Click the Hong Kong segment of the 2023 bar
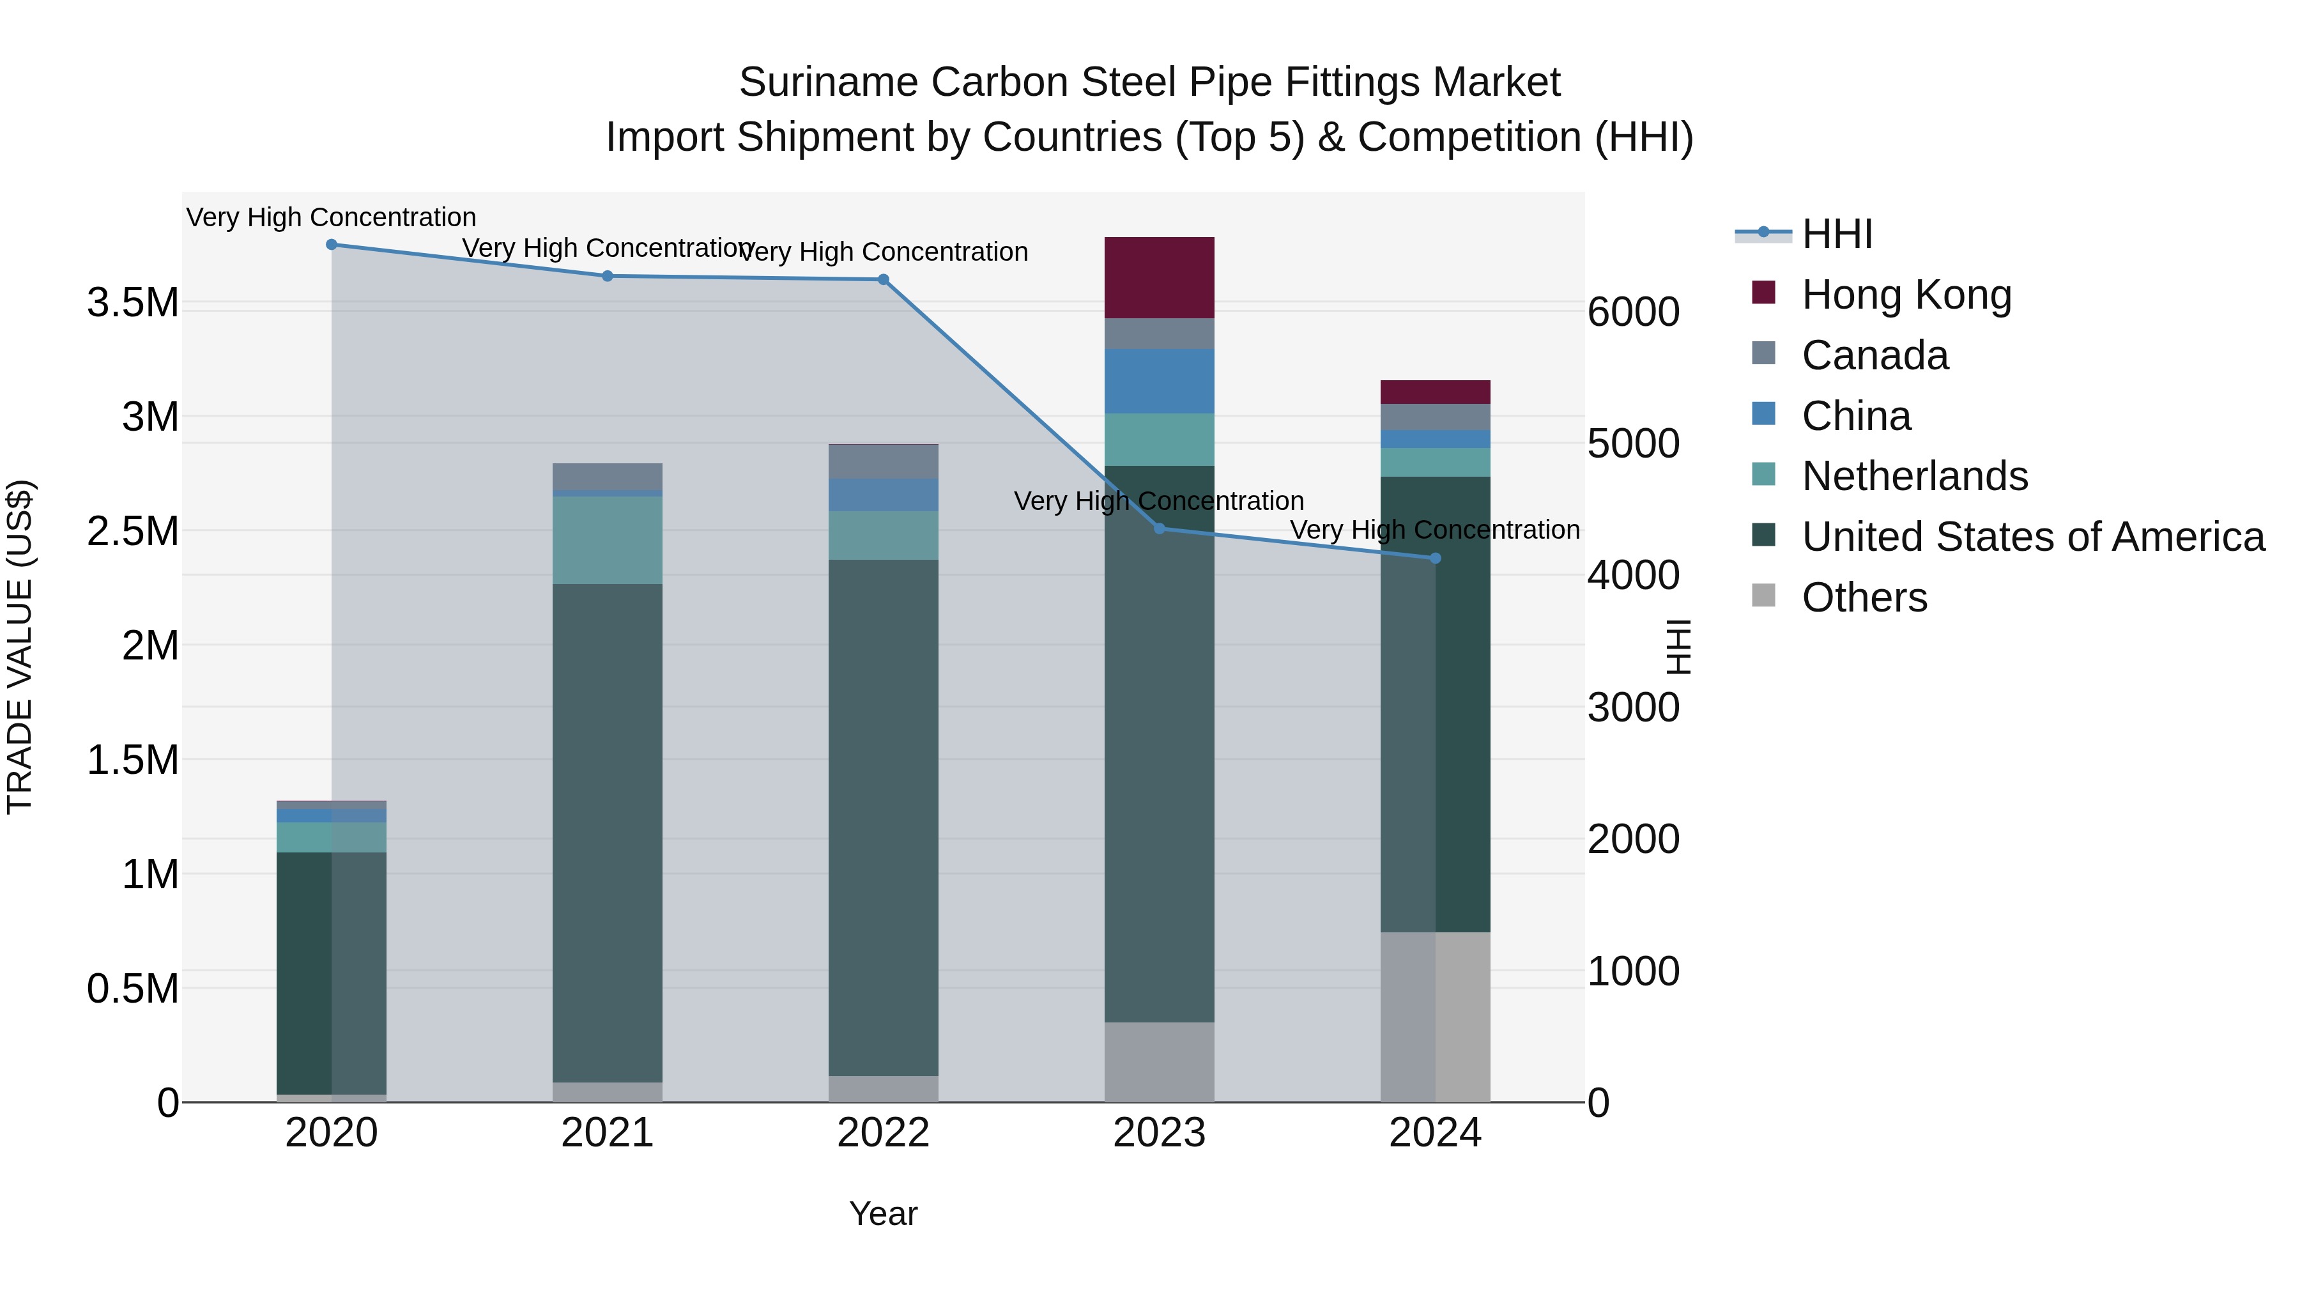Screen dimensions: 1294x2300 (x=1159, y=278)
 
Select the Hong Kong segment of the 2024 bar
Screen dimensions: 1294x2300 (x=1435, y=392)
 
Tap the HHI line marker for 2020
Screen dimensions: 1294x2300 (x=331, y=245)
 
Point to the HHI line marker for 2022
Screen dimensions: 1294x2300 (x=883, y=279)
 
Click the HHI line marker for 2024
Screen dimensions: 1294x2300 (x=1435, y=558)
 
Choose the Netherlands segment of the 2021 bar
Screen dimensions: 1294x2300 (x=607, y=540)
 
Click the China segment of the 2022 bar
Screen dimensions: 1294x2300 (x=883, y=495)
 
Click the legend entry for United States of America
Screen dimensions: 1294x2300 (x=2032, y=537)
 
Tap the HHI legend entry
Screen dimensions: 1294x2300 (x=1837, y=234)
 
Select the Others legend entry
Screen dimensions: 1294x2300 (x=1864, y=597)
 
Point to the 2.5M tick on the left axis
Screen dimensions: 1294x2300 (x=133, y=532)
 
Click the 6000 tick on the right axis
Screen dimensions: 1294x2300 (x=1633, y=312)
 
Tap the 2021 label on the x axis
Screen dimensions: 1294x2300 (x=607, y=1133)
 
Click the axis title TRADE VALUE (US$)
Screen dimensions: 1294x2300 (x=20, y=647)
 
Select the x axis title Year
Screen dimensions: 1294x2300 (x=883, y=1213)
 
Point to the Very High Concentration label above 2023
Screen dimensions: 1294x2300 (x=1159, y=501)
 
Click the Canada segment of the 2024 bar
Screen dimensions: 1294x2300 (x=1435, y=417)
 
